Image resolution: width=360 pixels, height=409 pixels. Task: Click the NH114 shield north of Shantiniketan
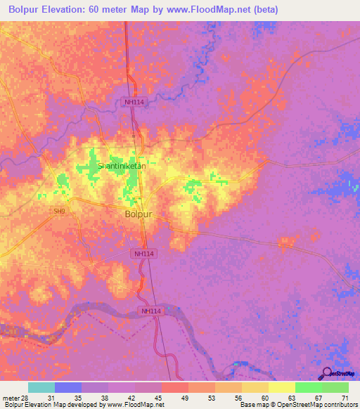(127, 103)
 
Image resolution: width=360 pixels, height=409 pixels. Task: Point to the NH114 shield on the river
(150, 311)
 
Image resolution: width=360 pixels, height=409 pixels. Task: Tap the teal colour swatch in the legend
(41, 387)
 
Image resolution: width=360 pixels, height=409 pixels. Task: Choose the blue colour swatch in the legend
(68, 387)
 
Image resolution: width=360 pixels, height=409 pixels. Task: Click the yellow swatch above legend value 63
(281, 387)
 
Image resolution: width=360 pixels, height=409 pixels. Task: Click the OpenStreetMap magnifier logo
(326, 374)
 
